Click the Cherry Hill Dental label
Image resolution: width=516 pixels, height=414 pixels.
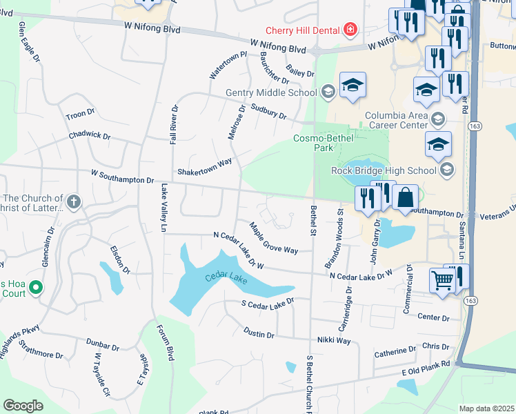pyautogui.click(x=304, y=30)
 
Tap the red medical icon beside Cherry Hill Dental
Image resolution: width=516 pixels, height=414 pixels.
pyautogui.click(x=350, y=29)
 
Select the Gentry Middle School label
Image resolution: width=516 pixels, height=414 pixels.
pyautogui.click(x=272, y=92)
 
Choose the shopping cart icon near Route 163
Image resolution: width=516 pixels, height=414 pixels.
pyautogui.click(x=442, y=280)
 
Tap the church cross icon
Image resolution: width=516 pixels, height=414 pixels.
pyautogui.click(x=74, y=203)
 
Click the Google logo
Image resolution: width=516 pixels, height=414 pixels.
pyautogui.click(x=23, y=406)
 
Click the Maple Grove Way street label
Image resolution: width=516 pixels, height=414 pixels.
pyautogui.click(x=274, y=238)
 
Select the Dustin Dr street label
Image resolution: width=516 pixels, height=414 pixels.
pyautogui.click(x=259, y=333)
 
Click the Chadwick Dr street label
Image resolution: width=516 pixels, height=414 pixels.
pyautogui.click(x=89, y=136)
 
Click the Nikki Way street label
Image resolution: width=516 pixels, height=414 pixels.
pyautogui.click(x=334, y=341)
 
